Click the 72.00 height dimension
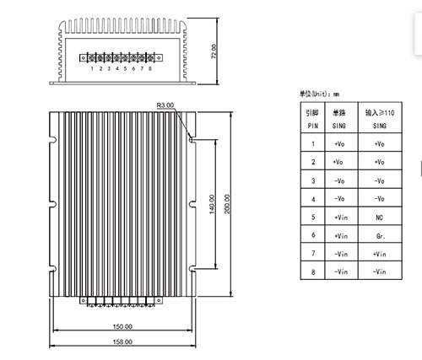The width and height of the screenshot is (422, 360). (x=214, y=51)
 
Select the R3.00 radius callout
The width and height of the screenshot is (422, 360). (x=165, y=105)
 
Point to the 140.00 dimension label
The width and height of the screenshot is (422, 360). (x=212, y=204)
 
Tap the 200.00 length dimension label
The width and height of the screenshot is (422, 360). (x=227, y=204)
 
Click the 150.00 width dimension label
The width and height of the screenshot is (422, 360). (x=122, y=326)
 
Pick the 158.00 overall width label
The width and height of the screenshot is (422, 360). (x=122, y=341)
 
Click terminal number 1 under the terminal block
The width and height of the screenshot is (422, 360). (x=92, y=68)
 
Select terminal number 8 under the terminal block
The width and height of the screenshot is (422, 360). (x=150, y=68)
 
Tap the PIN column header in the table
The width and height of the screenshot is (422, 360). (x=313, y=126)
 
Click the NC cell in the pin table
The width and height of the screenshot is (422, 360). (x=379, y=218)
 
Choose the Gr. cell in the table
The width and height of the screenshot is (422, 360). (x=381, y=236)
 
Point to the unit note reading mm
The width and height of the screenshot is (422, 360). (x=336, y=94)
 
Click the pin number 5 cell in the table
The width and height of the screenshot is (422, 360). (x=313, y=217)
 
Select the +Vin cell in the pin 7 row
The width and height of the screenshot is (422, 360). (x=379, y=254)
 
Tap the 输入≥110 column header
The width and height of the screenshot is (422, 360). (x=380, y=113)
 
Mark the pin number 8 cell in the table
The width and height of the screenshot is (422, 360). (x=313, y=271)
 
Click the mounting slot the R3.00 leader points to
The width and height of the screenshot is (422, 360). (x=192, y=139)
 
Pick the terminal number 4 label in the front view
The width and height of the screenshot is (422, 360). (x=117, y=68)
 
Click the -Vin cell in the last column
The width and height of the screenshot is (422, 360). (x=379, y=271)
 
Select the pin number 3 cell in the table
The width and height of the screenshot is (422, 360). (x=313, y=180)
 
